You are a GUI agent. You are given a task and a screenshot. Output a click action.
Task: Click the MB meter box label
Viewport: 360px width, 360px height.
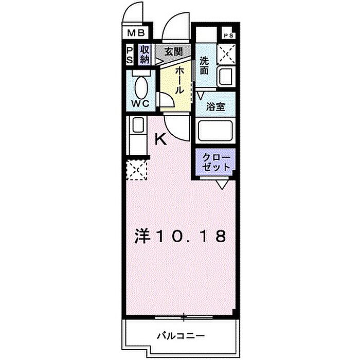pos(136,33)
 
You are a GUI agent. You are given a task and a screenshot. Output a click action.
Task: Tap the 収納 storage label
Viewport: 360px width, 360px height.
pos(145,55)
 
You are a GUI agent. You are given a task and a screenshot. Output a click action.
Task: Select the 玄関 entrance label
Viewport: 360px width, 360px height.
pos(174,51)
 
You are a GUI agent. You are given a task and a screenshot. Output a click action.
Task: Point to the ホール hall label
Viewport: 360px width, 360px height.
pos(179,81)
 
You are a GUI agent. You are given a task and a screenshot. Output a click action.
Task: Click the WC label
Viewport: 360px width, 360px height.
pos(140,104)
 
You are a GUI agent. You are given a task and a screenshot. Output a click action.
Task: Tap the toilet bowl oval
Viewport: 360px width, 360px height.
pos(141,88)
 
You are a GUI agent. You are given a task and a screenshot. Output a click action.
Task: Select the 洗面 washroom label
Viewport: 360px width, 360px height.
pos(204,65)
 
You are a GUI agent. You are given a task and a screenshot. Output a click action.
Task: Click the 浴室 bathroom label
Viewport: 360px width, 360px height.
pos(215,107)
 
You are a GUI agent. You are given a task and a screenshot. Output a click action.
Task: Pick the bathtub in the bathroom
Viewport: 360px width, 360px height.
pos(215,131)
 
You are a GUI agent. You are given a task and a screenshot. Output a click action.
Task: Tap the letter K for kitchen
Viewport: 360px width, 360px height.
pos(160,139)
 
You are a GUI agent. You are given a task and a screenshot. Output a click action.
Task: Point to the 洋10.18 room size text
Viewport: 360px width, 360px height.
pos(180,236)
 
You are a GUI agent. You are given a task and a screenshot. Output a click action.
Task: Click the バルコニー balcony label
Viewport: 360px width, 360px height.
pos(181,336)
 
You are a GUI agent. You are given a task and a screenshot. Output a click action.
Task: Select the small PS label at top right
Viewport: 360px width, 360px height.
pos(228,35)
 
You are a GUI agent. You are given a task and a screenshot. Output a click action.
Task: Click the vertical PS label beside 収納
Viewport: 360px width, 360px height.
pos(130,55)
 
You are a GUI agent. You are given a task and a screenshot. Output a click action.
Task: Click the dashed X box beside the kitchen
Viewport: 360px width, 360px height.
pos(137,170)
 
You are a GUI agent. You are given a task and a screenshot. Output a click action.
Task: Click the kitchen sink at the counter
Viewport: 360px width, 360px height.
pos(138,125)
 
